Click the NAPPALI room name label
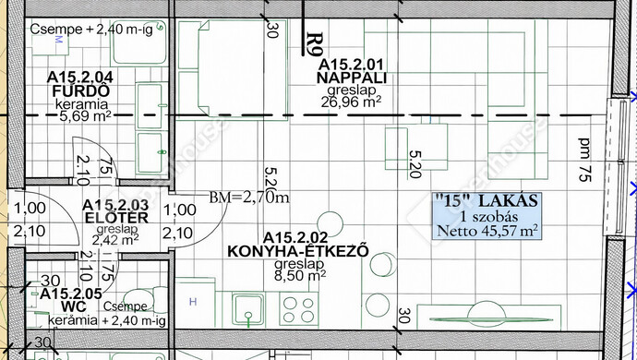pyautogui.click(x=352, y=78)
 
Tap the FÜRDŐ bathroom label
pyautogui.click(x=81, y=91)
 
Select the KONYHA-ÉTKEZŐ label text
pyautogui.click(x=298, y=251)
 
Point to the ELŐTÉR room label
pyautogui.click(x=116, y=218)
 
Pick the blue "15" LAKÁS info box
pyautogui.click(x=487, y=215)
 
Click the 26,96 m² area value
pyautogui.click(x=351, y=102)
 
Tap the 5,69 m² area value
pyautogui.click(x=85, y=116)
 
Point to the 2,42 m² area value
pyautogui.click(x=115, y=240)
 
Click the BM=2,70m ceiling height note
pyautogui.click(x=249, y=198)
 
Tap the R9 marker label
pyautogui.click(x=315, y=44)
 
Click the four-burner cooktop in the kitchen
pyautogui.click(x=298, y=309)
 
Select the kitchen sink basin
pyautogui.click(x=248, y=309)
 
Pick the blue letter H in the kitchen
pyautogui.click(x=193, y=302)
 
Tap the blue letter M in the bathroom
pyautogui.click(x=58, y=40)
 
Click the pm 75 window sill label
pyautogui.click(x=585, y=160)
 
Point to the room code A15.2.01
pyautogui.click(x=351, y=65)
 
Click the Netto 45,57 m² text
pyautogui.click(x=487, y=231)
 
